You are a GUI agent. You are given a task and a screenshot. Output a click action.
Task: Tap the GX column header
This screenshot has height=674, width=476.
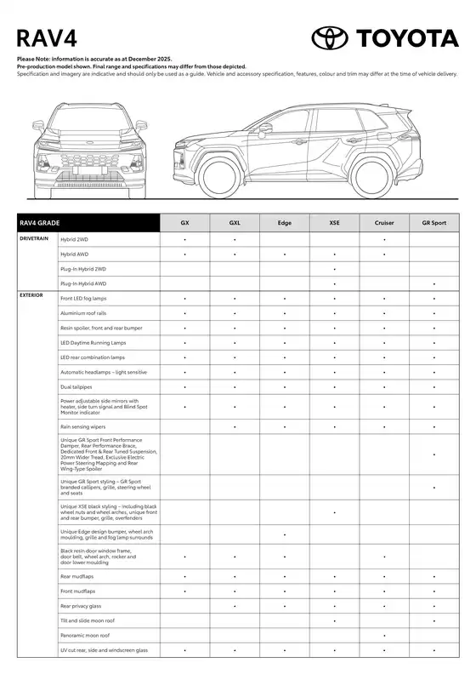[x=184, y=223]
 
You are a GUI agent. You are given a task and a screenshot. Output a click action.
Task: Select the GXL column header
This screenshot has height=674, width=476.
[x=235, y=223]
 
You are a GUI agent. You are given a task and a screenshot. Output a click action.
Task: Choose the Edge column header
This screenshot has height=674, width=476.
[x=284, y=223]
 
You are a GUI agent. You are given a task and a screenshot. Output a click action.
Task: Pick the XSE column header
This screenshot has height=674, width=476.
[x=334, y=223]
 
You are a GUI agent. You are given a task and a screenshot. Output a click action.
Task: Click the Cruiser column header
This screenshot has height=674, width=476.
[x=384, y=223]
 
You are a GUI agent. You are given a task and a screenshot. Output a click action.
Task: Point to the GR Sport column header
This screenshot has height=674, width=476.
[x=433, y=223]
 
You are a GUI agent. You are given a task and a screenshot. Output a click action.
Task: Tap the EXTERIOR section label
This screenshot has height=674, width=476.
[x=33, y=295]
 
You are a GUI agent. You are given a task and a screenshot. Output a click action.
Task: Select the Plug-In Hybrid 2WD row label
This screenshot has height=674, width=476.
[x=83, y=268]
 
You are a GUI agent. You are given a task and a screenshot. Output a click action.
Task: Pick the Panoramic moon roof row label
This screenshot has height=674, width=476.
[x=85, y=635]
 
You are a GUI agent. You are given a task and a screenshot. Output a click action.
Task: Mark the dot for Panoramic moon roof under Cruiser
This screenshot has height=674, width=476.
[x=384, y=635]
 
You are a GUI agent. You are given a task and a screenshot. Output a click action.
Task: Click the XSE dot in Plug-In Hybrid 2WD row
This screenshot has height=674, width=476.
[x=334, y=268]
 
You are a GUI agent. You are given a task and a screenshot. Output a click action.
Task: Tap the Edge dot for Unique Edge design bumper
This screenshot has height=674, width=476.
[x=284, y=534]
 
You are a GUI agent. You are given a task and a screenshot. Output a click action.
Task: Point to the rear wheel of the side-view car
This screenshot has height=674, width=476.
[x=371, y=175]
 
